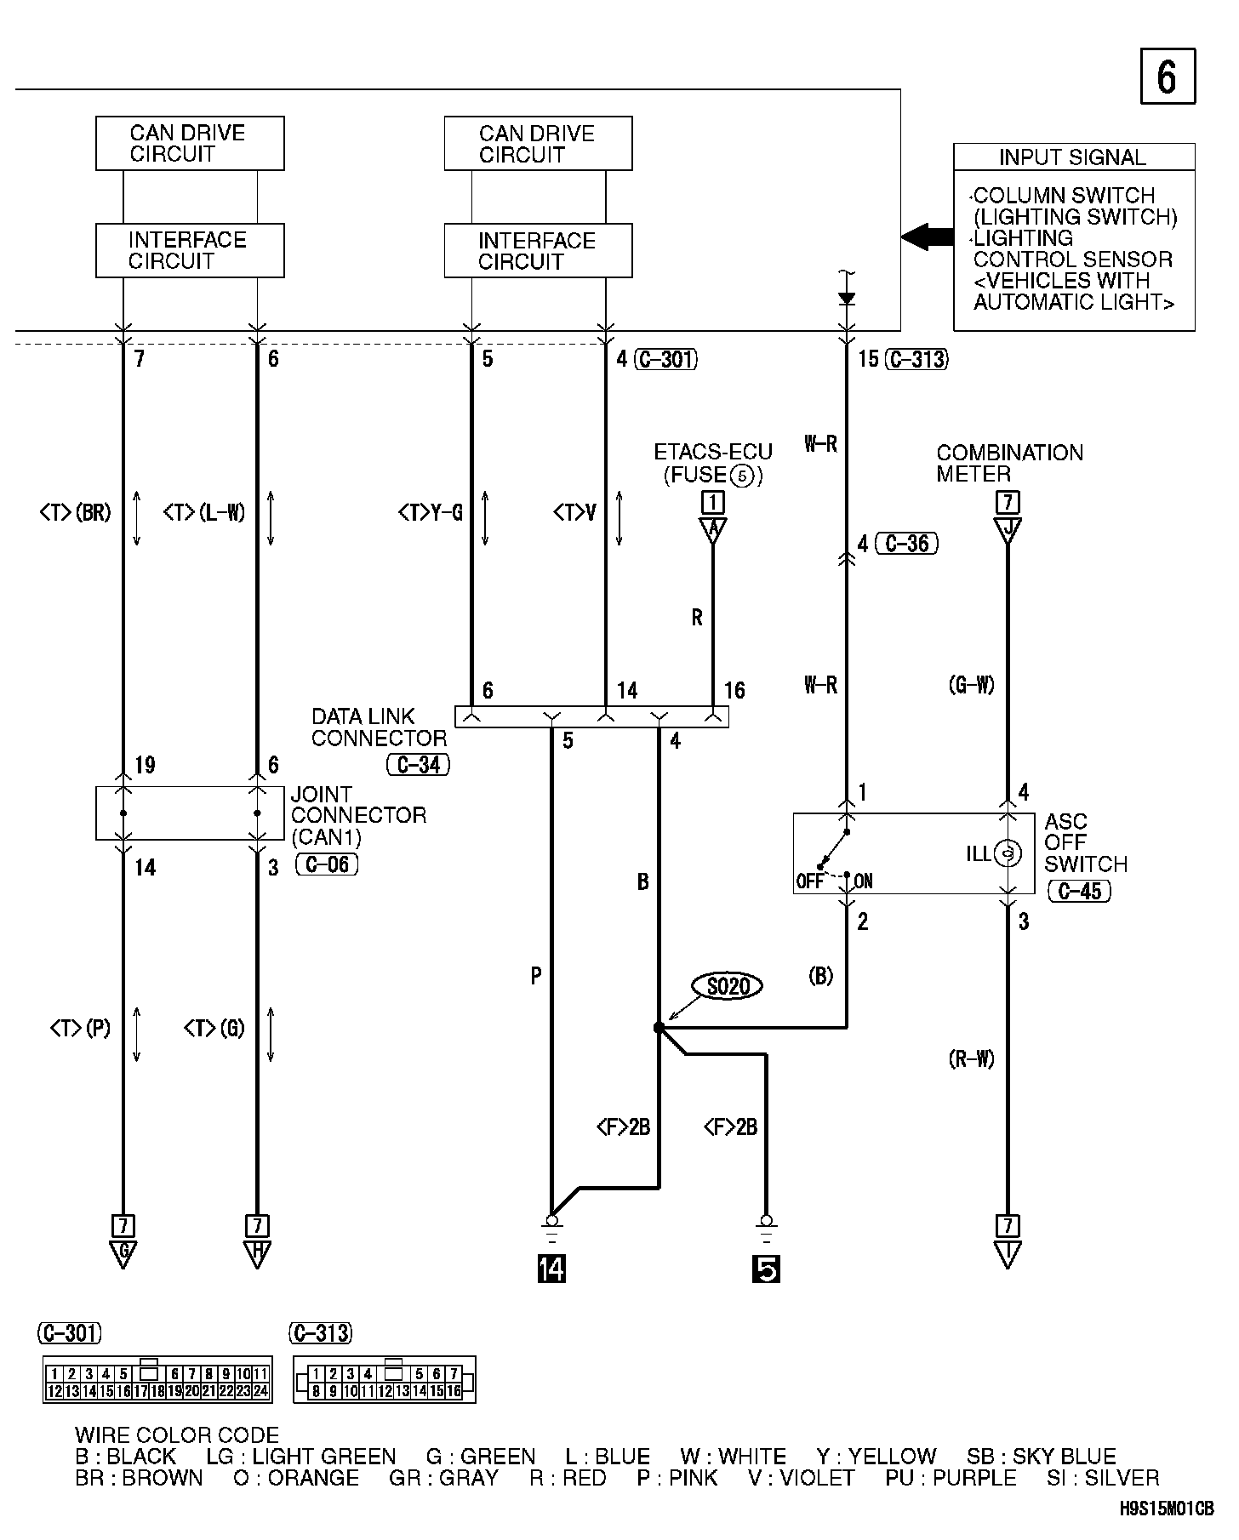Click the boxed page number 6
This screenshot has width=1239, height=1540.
[x=1167, y=77]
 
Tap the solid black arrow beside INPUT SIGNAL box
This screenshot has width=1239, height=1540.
[x=927, y=236]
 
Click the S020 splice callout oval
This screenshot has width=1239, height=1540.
[x=728, y=986]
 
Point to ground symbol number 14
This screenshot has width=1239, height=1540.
[x=551, y=1269]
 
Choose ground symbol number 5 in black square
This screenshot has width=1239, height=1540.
[x=766, y=1269]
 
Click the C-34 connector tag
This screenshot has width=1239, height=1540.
[x=418, y=764]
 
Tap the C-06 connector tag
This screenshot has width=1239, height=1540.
[x=327, y=865]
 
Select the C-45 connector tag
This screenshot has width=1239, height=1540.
[x=1079, y=891]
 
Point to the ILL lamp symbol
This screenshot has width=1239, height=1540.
[x=1007, y=853]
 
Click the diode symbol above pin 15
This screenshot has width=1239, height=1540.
[x=846, y=299]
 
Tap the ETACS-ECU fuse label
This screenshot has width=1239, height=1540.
[x=712, y=463]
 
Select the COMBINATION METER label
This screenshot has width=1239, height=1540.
[x=1009, y=463]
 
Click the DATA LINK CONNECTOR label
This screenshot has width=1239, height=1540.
[x=378, y=727]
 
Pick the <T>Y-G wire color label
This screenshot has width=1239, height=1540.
[x=430, y=513]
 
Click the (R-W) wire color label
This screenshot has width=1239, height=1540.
[x=971, y=1059]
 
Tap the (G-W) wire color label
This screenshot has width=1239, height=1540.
[x=971, y=685]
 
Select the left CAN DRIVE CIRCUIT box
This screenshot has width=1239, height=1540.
[x=190, y=144]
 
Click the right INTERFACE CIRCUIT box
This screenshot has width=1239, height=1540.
[x=538, y=251]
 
